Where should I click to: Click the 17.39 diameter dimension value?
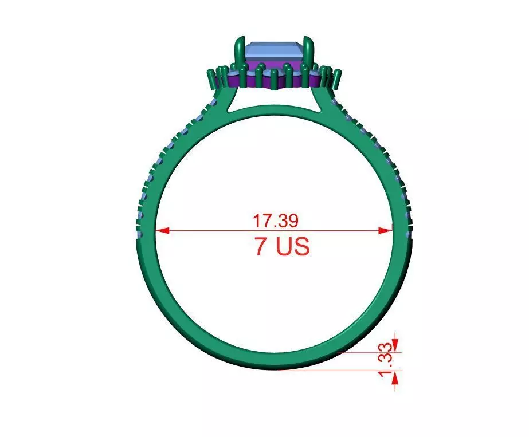[276, 220]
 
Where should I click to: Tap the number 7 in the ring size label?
[262, 247]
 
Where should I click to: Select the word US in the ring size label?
[293, 247]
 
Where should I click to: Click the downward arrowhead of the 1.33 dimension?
[395, 348]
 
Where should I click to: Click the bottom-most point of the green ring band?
[275, 369]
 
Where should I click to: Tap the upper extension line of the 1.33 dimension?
[367, 352]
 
